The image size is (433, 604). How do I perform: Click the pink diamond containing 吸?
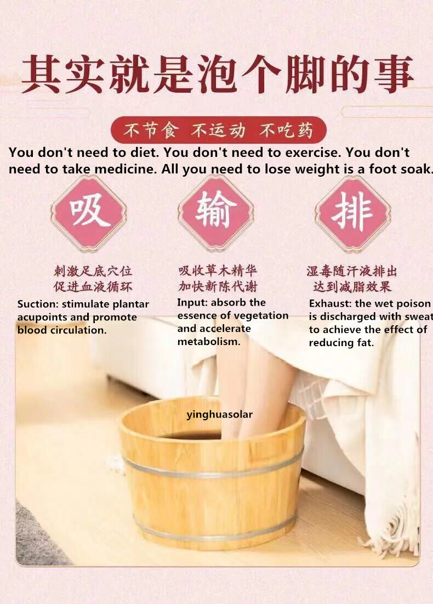[x=89, y=213]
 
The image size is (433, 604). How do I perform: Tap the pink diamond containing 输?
[x=216, y=213]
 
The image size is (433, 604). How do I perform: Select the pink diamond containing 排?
[x=353, y=213]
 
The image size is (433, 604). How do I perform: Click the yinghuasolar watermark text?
[x=219, y=415]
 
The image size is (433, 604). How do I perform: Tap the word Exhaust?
[x=330, y=303]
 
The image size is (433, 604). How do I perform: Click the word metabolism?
[x=209, y=342]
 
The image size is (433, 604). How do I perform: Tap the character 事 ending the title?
[x=393, y=75]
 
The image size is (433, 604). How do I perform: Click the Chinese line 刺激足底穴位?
[x=93, y=271]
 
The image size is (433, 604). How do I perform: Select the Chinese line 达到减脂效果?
[x=352, y=286]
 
